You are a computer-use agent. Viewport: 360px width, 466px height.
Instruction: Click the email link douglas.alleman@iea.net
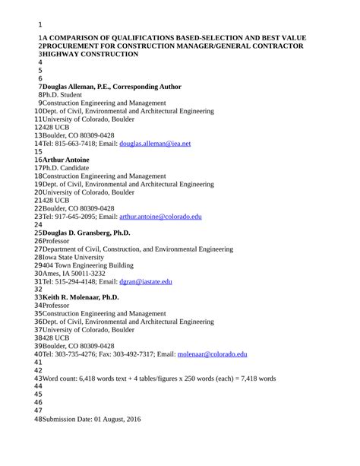[x=155, y=143]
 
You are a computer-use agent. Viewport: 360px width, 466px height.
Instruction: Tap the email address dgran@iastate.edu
[x=146, y=281]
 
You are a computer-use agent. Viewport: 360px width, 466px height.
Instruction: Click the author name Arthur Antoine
[x=66, y=160]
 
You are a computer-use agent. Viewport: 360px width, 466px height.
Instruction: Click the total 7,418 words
[x=254, y=378]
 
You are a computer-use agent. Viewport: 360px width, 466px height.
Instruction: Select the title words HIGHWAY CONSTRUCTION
[x=90, y=54]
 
